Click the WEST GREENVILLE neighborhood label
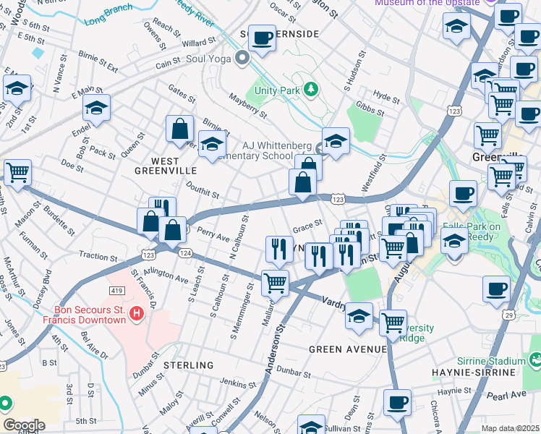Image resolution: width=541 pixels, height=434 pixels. tap(166, 170)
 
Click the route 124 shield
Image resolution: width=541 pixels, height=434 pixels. tap(185, 253)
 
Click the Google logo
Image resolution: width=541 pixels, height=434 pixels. tap(24, 425)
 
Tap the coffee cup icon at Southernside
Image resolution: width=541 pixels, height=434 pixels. tap(263, 38)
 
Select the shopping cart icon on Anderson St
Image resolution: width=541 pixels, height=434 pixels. tap(275, 284)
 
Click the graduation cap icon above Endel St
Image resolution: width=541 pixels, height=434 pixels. tap(96, 109)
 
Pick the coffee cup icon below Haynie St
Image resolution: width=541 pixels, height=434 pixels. tap(397, 402)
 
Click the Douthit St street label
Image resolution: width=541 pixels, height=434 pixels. tap(202, 192)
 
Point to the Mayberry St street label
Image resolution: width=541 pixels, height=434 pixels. tap(248, 109)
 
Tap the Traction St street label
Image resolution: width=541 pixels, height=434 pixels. tap(98, 256)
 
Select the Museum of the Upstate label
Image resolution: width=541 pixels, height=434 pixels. tap(427, 3)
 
